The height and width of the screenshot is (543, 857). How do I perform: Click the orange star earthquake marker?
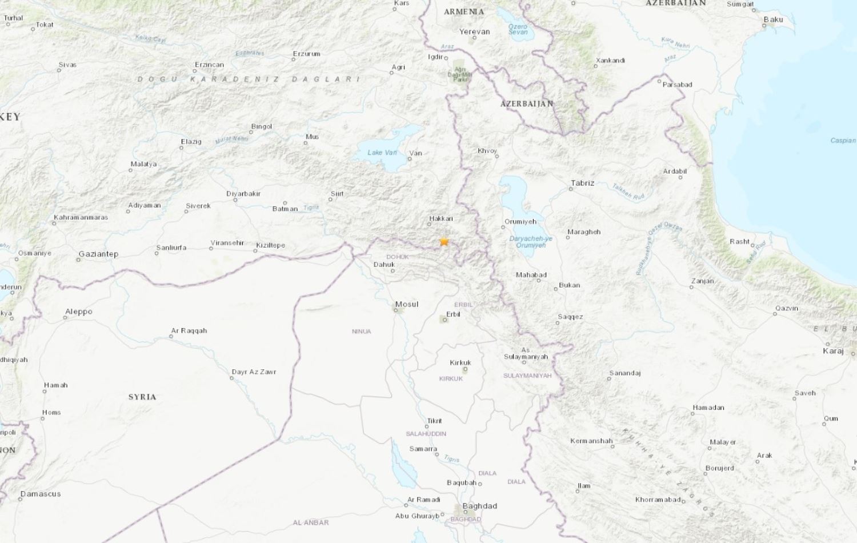click(x=444, y=242)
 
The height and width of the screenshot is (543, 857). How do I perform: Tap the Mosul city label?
click(x=407, y=304)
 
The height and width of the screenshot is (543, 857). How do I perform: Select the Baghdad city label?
click(x=479, y=506)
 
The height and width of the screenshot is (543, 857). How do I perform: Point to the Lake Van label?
click(x=382, y=153)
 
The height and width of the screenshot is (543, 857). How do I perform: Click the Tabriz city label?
click(x=582, y=183)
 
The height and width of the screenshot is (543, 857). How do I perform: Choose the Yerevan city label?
click(x=474, y=31)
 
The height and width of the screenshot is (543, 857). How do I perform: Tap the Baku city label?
click(x=773, y=19)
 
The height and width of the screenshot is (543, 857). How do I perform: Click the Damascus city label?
click(x=40, y=494)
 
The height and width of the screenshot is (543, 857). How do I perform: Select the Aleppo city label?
click(x=78, y=312)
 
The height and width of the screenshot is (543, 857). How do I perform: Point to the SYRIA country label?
click(x=142, y=397)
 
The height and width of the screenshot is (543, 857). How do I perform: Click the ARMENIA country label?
click(x=463, y=11)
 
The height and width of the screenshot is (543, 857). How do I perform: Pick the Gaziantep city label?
click(x=98, y=254)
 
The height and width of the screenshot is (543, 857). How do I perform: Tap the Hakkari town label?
click(x=440, y=218)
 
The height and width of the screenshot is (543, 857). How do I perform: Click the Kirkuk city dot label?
click(x=460, y=362)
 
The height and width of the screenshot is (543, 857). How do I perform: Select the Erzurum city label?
click(x=306, y=54)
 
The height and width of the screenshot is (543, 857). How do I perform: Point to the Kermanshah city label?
click(x=591, y=441)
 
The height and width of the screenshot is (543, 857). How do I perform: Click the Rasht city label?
click(x=739, y=241)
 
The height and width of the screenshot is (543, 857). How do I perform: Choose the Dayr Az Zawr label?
click(x=254, y=372)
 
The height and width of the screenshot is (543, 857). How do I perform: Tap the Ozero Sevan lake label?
click(x=518, y=29)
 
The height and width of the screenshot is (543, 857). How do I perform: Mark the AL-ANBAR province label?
click(x=310, y=522)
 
